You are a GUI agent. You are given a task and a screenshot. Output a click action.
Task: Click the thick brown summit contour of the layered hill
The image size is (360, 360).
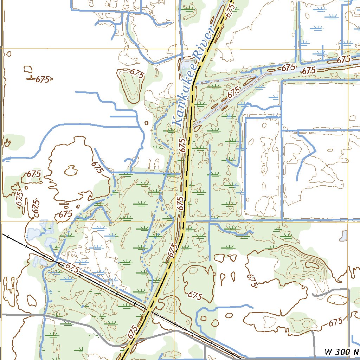pos(312,264)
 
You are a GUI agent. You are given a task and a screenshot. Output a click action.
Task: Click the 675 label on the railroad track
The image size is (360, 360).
pos(72,268)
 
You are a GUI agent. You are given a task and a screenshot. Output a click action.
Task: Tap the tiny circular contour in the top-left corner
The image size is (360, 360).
pos(9,54)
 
